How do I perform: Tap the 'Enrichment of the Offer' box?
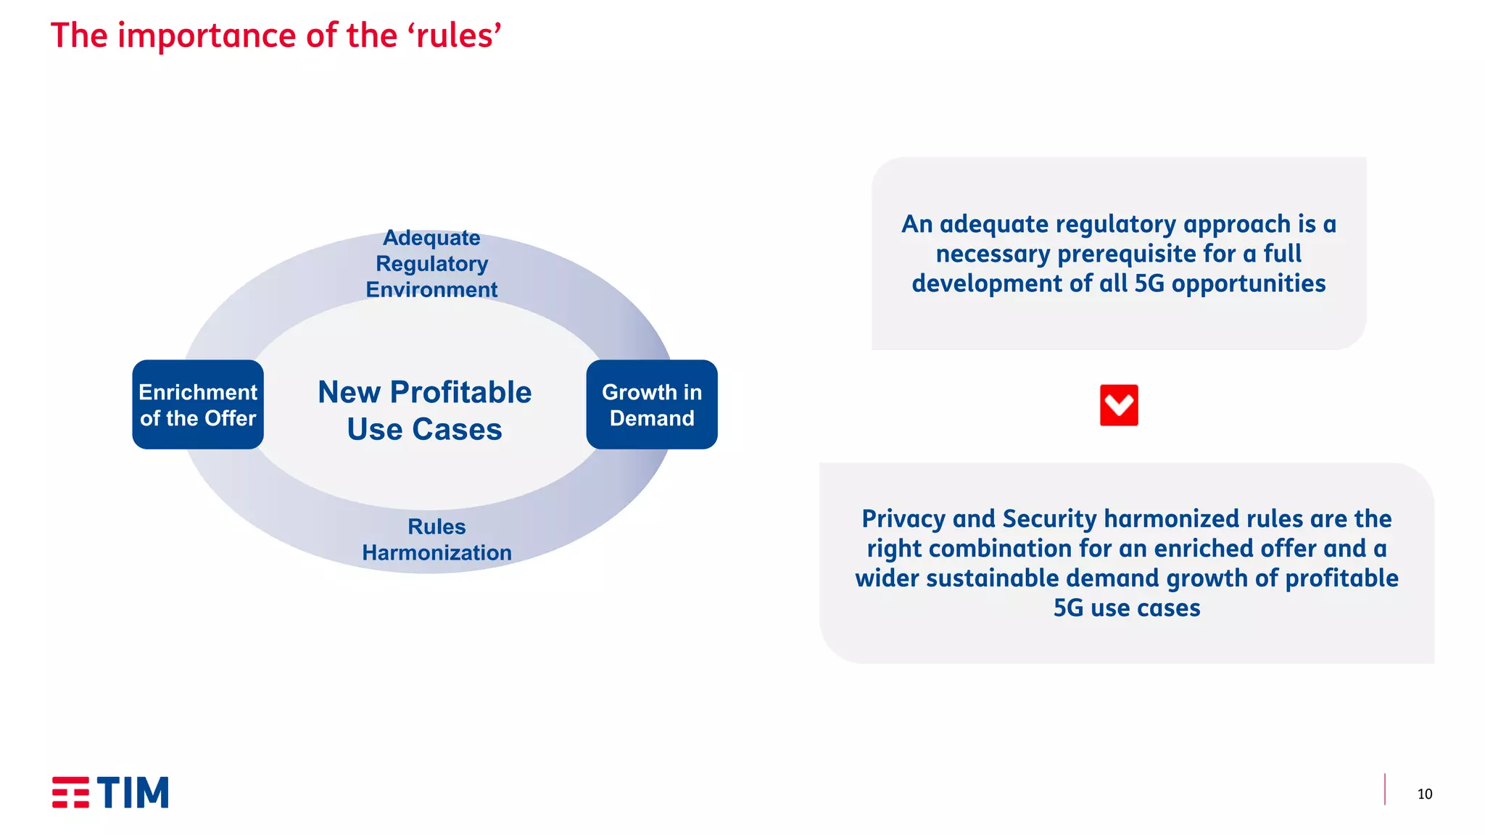click(x=198, y=404)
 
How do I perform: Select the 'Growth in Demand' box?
click(x=651, y=404)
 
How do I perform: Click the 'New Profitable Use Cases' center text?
click(x=424, y=410)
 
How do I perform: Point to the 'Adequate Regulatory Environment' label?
click(x=431, y=264)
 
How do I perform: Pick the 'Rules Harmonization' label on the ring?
click(x=437, y=540)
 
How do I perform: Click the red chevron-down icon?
click(x=1118, y=405)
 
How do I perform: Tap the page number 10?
click(x=1424, y=794)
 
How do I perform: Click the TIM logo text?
click(x=133, y=792)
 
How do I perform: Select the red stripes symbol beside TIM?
click(x=70, y=792)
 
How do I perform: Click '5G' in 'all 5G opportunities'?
click(x=1149, y=283)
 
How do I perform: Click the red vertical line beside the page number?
click(x=1384, y=789)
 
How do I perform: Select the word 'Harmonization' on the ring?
click(x=437, y=553)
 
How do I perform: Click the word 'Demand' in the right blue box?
click(x=651, y=418)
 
